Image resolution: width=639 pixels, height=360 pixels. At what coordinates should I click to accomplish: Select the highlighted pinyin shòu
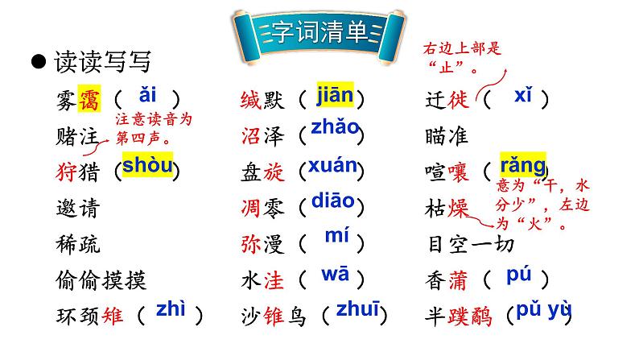click(147, 166)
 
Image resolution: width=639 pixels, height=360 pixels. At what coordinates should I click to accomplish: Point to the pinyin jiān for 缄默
click(334, 95)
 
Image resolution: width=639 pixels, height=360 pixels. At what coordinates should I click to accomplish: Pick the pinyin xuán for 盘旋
click(332, 166)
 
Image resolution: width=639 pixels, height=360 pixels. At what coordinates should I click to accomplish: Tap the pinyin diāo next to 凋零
click(332, 201)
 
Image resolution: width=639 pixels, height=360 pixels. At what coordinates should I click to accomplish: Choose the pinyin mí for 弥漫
click(336, 237)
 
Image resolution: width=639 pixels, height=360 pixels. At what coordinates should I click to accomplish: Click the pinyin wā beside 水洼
click(335, 275)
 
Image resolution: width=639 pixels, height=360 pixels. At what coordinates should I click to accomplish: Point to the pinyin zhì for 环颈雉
click(171, 310)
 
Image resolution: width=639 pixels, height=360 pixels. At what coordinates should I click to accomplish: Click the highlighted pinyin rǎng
click(522, 164)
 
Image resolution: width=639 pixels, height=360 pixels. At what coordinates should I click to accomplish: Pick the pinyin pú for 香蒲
click(519, 275)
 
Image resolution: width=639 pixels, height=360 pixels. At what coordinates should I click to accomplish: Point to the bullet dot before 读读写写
click(36, 62)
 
